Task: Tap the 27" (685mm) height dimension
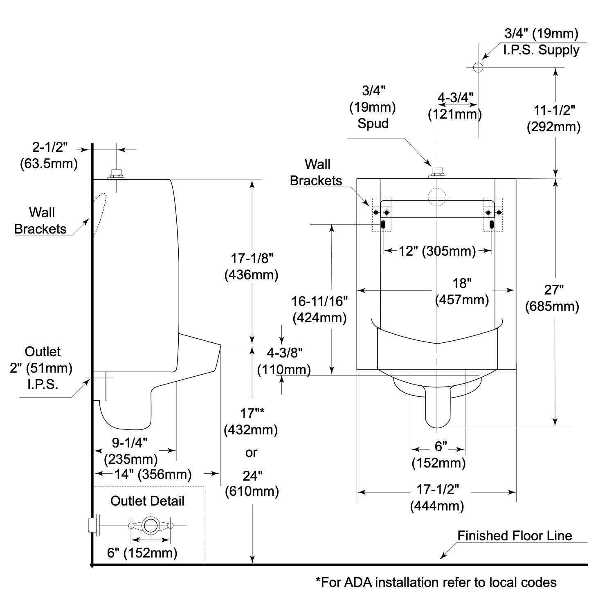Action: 552,298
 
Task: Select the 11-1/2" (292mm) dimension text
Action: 554,119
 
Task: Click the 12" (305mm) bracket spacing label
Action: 437,251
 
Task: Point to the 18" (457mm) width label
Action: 462,292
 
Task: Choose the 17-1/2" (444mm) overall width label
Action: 437,498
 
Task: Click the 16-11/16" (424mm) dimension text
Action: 319,310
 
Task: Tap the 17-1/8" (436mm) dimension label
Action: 252,267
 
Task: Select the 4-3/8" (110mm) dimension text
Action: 284,361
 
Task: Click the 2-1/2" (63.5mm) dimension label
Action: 49,156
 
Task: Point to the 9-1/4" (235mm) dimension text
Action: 130,451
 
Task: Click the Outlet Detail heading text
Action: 147,501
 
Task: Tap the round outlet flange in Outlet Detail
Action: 151,525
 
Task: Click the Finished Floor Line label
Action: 514,536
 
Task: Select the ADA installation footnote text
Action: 436,582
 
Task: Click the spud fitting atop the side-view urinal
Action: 116,175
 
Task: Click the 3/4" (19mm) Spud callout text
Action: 373,107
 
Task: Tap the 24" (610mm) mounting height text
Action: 252,483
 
